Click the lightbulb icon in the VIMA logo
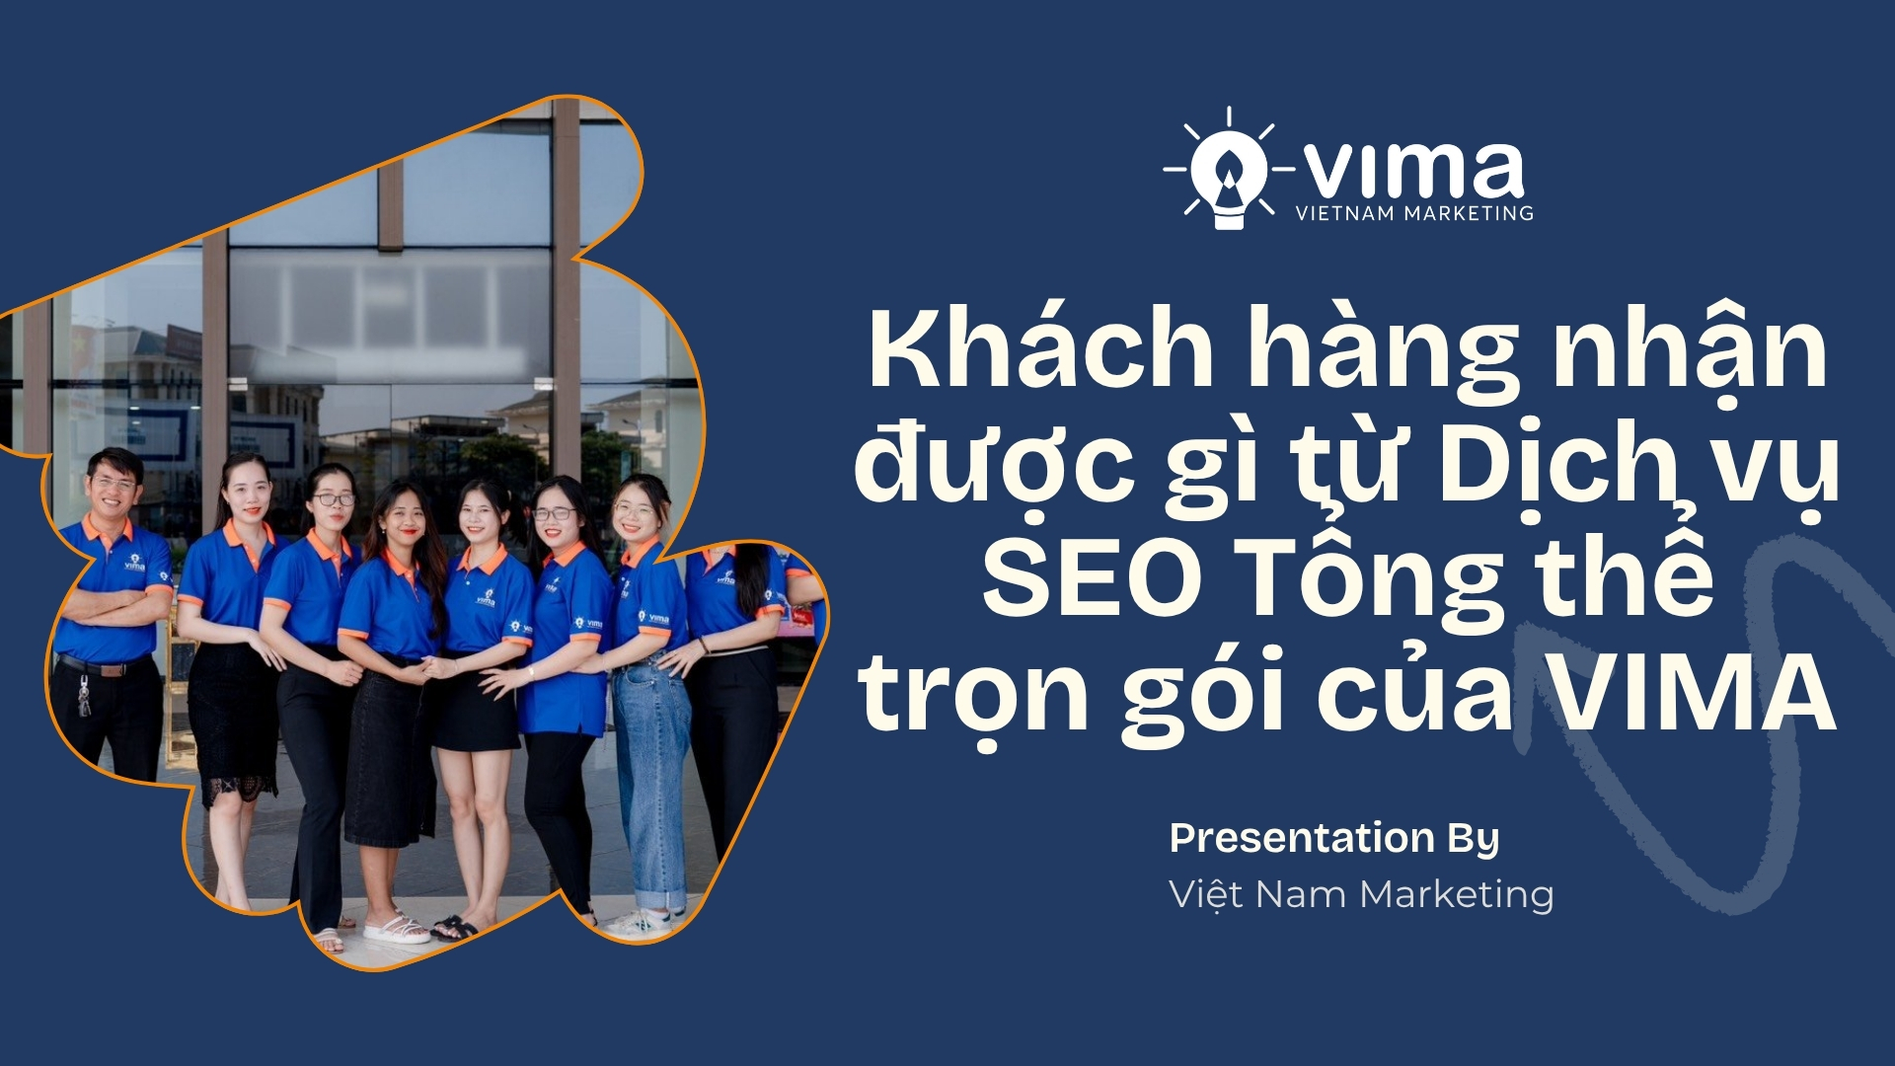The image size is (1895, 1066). [1227, 176]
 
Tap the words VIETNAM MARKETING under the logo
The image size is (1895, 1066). [1414, 213]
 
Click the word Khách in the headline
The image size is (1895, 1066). [1040, 350]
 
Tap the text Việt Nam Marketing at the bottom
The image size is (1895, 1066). [1361, 894]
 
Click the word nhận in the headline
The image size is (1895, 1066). [1689, 350]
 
